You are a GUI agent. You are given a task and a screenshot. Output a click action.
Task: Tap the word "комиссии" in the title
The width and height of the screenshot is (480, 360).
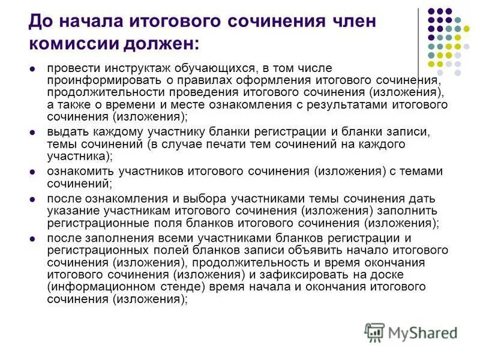[x=69, y=43]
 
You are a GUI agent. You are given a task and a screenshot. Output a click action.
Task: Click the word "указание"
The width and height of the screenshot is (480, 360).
[x=70, y=211]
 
